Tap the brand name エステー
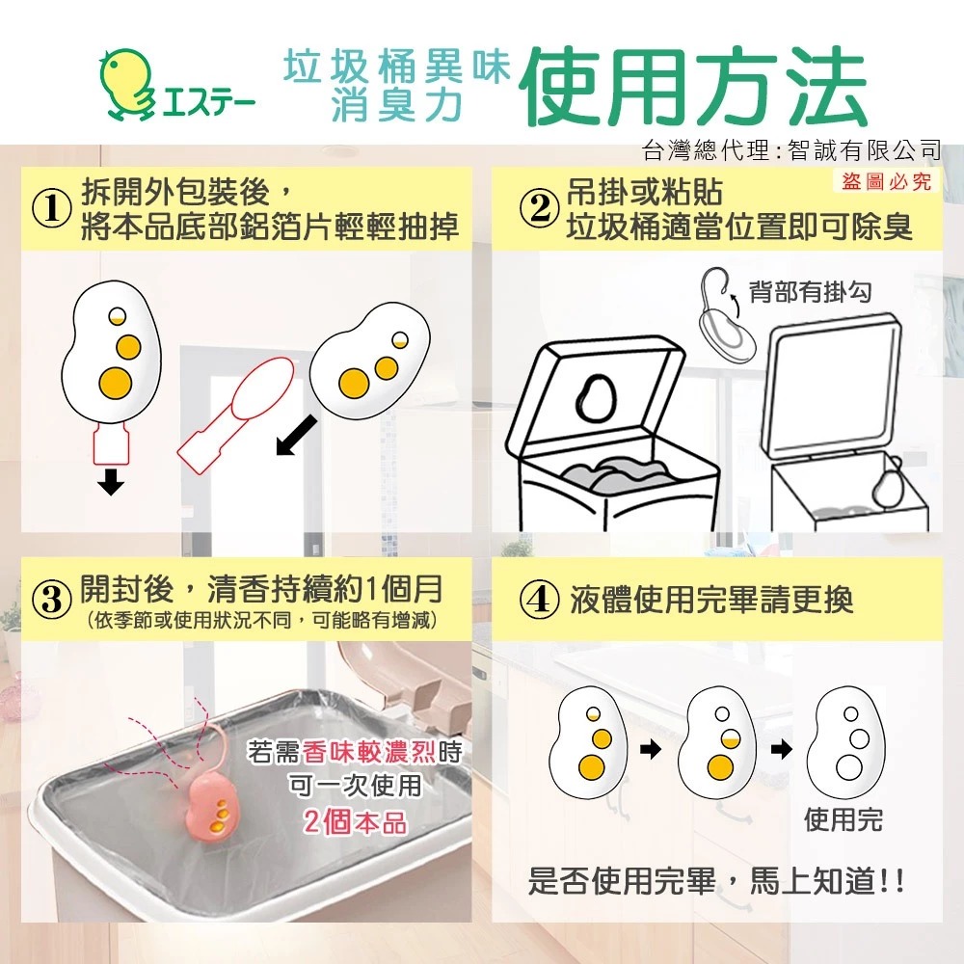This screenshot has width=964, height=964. click(x=208, y=104)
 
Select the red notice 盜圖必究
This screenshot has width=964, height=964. click(x=886, y=181)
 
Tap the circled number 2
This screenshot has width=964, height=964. click(x=539, y=209)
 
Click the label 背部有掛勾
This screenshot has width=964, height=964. click(x=810, y=291)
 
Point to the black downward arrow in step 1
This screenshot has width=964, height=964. click(x=111, y=481)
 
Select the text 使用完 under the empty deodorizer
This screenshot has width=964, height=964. click(x=843, y=819)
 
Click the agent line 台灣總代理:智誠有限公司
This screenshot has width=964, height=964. click(x=791, y=149)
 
